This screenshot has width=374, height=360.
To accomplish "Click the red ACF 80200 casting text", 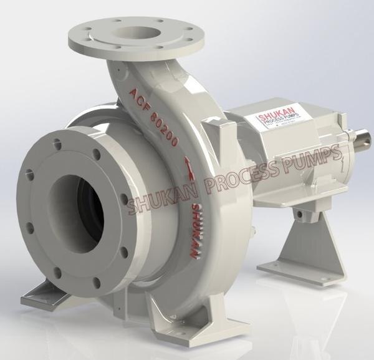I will [x=153, y=116].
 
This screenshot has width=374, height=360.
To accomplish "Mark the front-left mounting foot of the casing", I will [x=41, y=293].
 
